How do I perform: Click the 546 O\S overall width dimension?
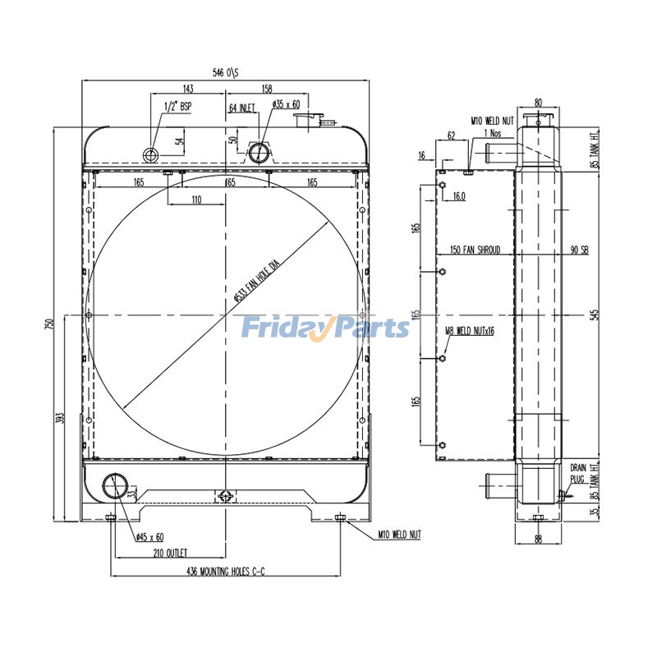point(226,73)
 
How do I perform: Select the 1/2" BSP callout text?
point(178,106)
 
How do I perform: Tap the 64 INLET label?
point(242,107)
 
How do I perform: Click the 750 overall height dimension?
point(48,324)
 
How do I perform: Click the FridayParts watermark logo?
point(324,328)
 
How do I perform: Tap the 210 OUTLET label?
point(171,553)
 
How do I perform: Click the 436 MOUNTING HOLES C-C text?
point(226,571)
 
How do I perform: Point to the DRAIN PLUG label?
point(578,471)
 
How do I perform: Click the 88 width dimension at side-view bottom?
point(538,539)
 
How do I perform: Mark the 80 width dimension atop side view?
point(538,103)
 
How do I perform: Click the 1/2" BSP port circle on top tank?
point(152,154)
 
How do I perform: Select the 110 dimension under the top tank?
point(196,200)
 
